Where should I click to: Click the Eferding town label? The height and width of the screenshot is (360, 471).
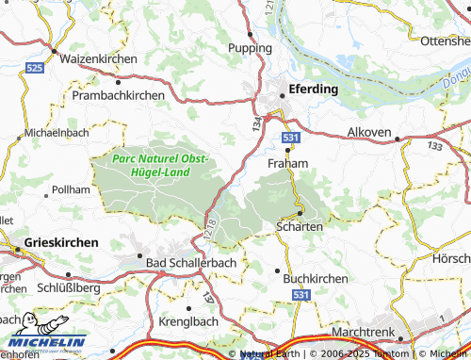(313, 90)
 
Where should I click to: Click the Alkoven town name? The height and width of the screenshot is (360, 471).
(369, 132)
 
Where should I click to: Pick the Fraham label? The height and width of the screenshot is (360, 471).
(288, 163)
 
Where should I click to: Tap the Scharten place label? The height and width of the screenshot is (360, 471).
(300, 226)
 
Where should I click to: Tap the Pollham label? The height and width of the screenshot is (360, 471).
(72, 189)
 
